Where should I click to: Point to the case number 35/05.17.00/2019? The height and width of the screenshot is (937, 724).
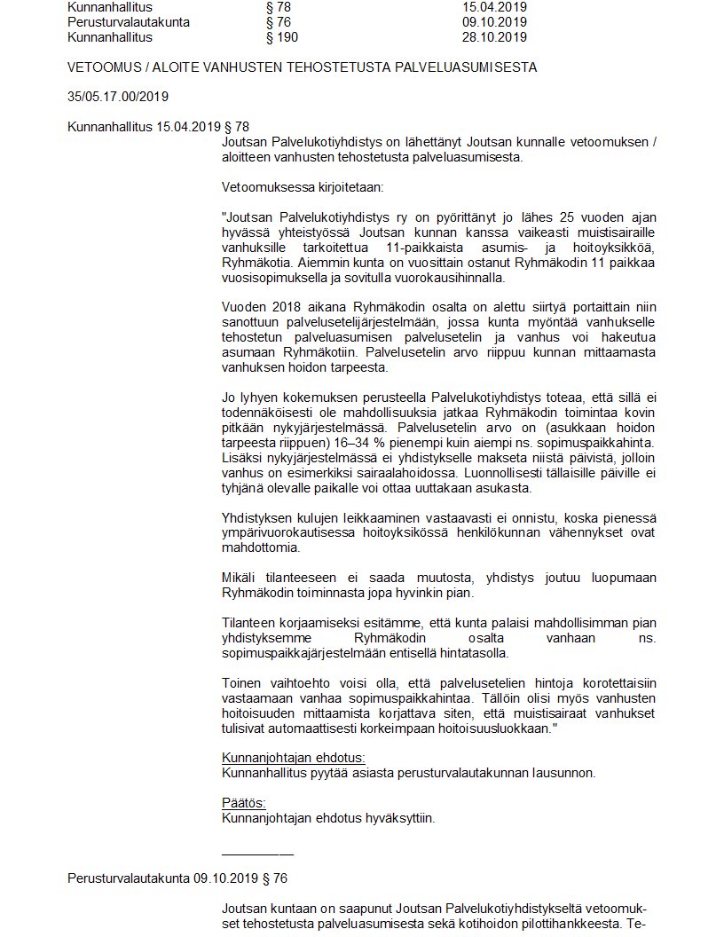click(118, 97)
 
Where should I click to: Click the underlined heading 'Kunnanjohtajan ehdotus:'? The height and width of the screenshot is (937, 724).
click(292, 758)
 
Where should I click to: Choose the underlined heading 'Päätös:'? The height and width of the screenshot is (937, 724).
click(242, 803)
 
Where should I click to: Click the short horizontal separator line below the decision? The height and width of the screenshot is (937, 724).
click(257, 854)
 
